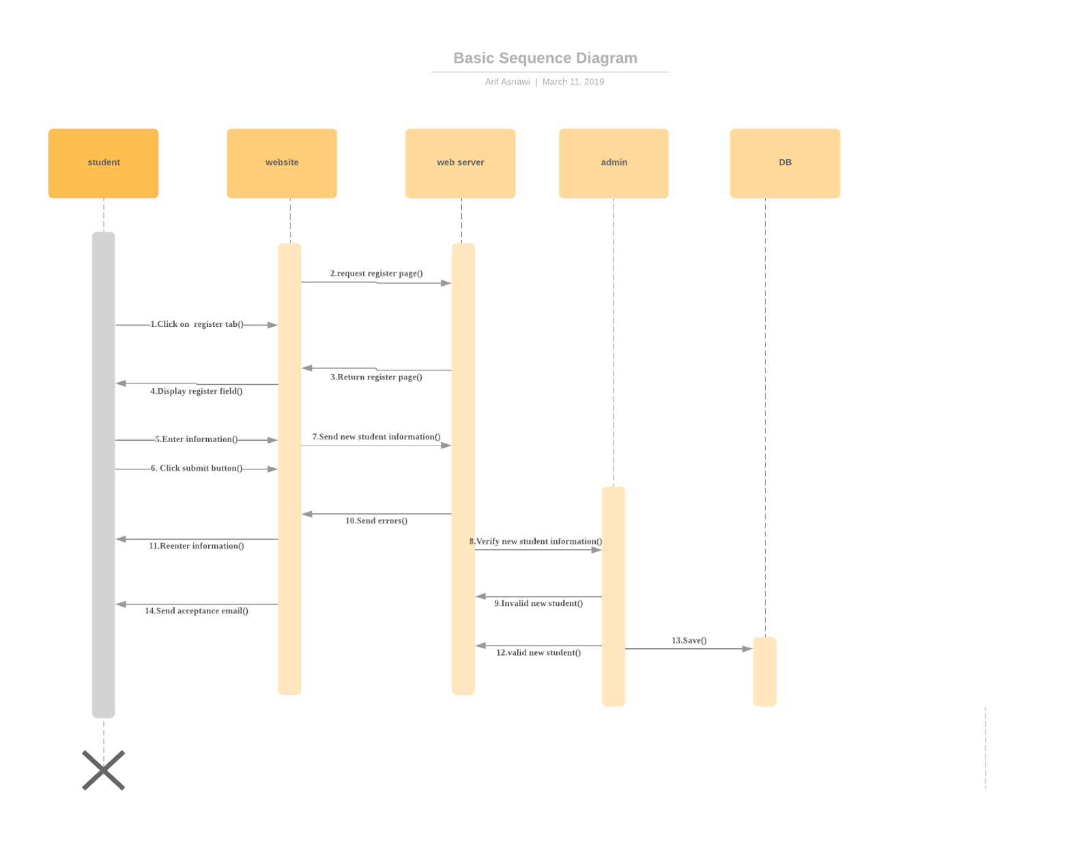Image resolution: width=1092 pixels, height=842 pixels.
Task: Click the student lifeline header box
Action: (x=103, y=163)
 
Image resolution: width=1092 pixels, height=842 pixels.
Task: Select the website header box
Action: (x=281, y=163)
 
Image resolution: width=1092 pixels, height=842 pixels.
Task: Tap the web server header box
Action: (x=460, y=163)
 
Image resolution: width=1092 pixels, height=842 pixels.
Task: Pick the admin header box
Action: (x=613, y=163)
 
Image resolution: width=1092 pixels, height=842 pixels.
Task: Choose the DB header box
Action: (x=784, y=163)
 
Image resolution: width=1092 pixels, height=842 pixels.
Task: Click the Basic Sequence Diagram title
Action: (x=545, y=58)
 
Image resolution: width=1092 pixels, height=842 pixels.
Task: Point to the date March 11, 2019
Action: (x=573, y=82)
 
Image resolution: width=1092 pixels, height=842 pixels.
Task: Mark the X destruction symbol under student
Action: (x=104, y=770)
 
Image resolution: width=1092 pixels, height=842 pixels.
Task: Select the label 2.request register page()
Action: (x=376, y=274)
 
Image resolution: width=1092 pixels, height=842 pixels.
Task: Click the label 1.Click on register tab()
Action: (x=197, y=324)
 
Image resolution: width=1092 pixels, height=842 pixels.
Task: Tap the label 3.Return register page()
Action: (x=376, y=377)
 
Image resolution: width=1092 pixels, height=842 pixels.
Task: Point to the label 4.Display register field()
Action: (x=196, y=391)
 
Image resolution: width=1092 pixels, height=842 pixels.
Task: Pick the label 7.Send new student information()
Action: (x=376, y=437)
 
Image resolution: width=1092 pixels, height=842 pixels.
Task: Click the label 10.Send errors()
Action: (x=376, y=521)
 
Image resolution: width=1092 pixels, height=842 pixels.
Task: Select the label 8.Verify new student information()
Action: (x=535, y=541)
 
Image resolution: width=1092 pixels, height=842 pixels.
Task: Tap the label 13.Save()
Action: (x=689, y=640)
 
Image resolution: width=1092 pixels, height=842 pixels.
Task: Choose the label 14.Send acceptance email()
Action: (x=196, y=611)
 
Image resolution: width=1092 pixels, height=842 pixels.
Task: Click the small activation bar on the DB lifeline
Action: (x=764, y=671)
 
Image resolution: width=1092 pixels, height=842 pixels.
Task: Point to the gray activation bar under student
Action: (x=103, y=474)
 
